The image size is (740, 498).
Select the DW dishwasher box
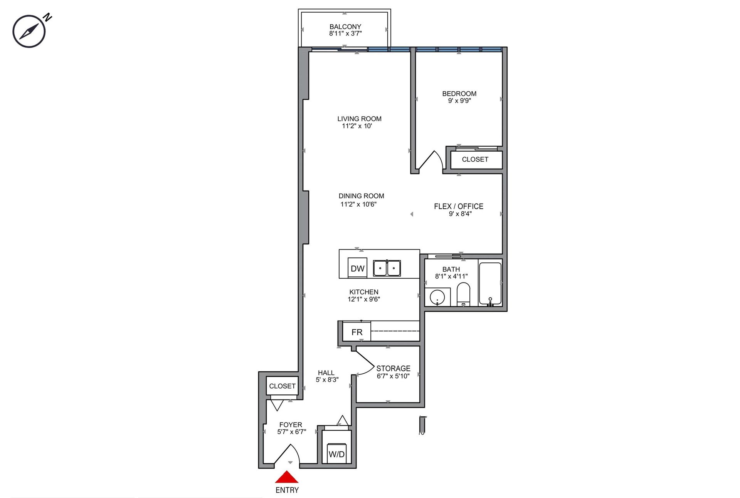(x=357, y=268)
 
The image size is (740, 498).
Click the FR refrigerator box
(x=357, y=331)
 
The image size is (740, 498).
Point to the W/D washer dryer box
(x=336, y=454)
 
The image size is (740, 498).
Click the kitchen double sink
(x=387, y=268)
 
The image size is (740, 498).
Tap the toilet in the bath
(x=463, y=294)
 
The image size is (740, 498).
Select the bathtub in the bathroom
(x=490, y=284)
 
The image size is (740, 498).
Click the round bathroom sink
(x=437, y=297)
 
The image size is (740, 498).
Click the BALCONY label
(x=345, y=27)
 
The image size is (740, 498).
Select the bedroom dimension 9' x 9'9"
(x=459, y=101)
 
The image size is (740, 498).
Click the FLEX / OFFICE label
(x=459, y=206)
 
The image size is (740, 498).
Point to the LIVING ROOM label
(x=359, y=119)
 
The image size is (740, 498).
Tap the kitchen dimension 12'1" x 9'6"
(x=364, y=299)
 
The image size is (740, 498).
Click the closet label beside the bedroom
(x=475, y=159)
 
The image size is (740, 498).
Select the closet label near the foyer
(x=282, y=386)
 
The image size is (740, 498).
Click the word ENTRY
(x=287, y=490)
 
